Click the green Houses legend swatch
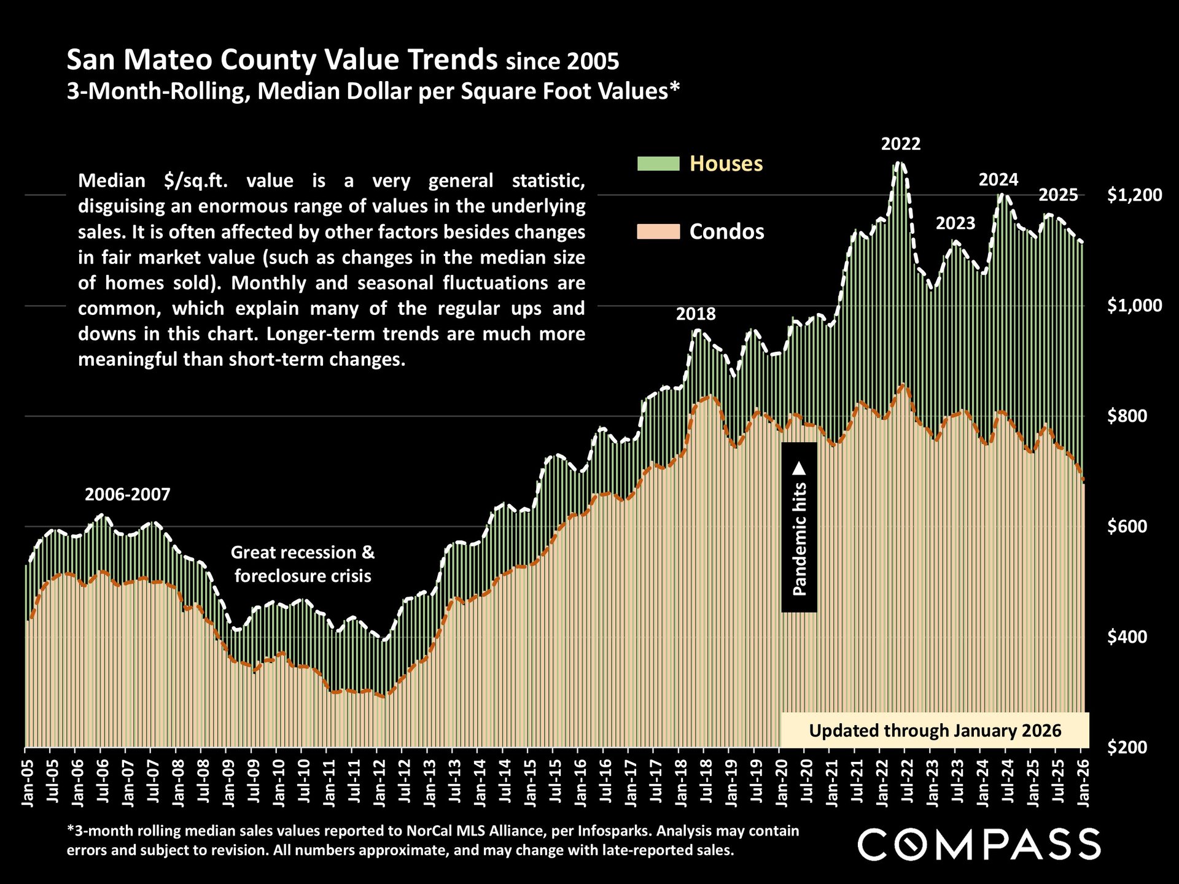(658, 164)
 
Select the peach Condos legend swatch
(658, 231)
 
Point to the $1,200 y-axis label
(1134, 195)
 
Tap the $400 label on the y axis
(1134, 637)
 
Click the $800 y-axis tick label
(1134, 416)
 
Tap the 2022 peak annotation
(901, 144)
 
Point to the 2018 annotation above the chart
(696, 314)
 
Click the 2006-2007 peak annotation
(128, 495)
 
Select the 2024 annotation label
(998, 180)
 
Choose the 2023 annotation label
(955, 223)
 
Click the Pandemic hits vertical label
(799, 528)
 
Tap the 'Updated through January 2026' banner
(935, 731)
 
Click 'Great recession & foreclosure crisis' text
(303, 564)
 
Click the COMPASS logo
(979, 844)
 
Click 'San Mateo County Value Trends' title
(282, 60)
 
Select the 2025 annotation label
(1058, 196)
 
